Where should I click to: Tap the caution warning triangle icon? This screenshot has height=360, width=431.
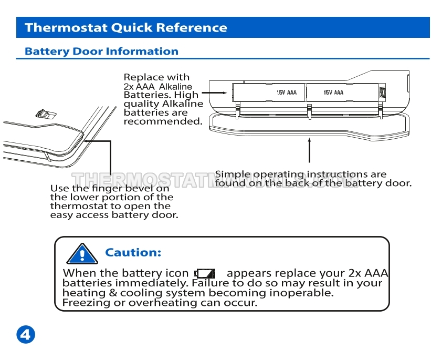pos(82,254)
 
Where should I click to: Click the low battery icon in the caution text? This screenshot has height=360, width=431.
pos(205,273)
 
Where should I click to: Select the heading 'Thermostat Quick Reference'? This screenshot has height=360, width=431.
pos(126,27)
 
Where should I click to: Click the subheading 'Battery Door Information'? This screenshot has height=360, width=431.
pos(101,52)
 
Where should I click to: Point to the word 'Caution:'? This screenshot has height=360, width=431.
pos(133,252)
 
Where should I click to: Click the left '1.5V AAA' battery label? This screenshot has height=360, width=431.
pos(287,92)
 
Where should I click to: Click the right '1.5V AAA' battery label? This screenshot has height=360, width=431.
pos(333,92)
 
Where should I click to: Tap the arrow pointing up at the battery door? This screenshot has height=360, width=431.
pos(310,150)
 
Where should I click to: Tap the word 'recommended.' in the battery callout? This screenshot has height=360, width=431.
pos(163,121)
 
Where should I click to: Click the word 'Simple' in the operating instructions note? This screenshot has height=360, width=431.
pos(233,174)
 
